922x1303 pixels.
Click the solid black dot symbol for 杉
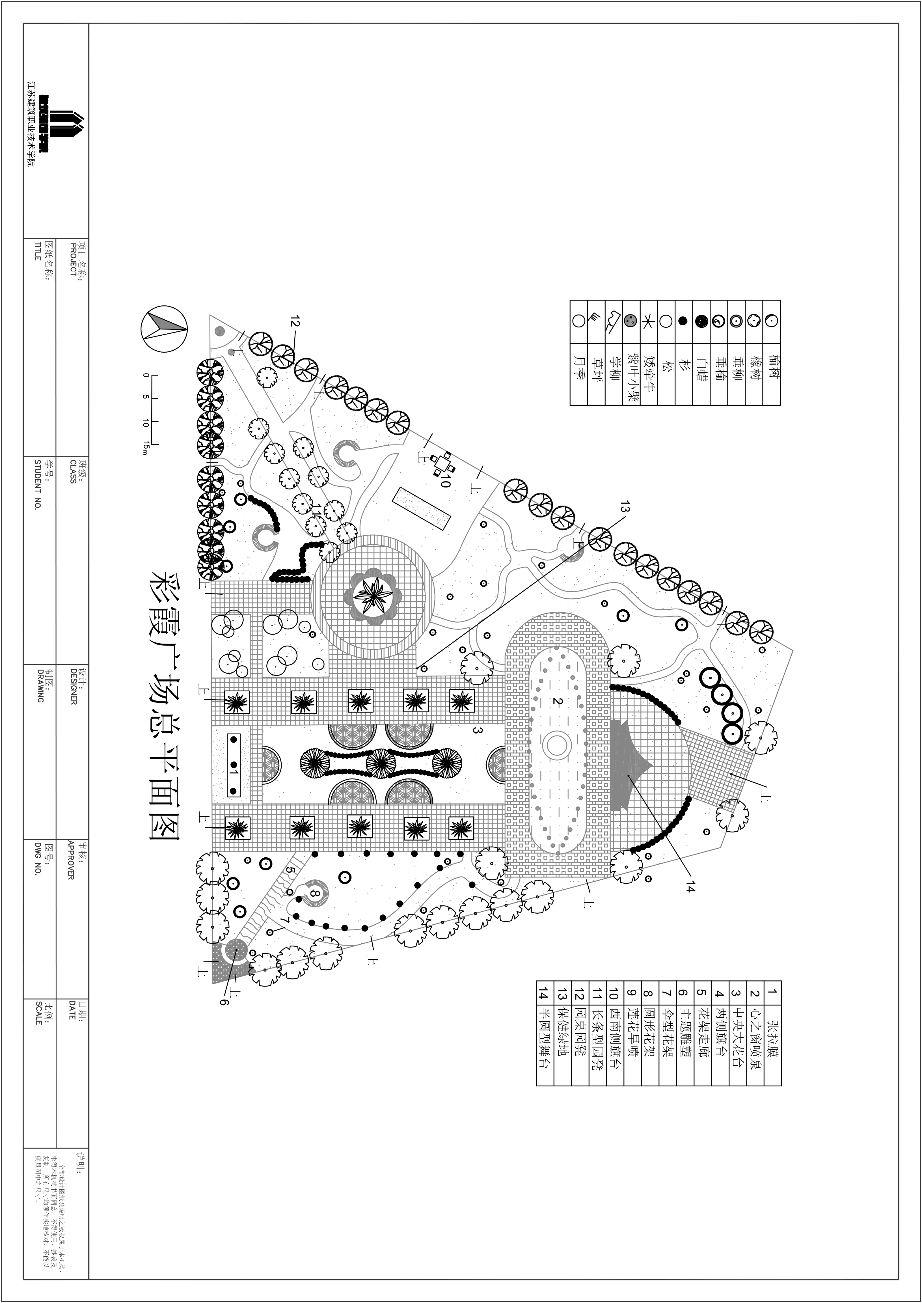(x=683, y=321)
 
